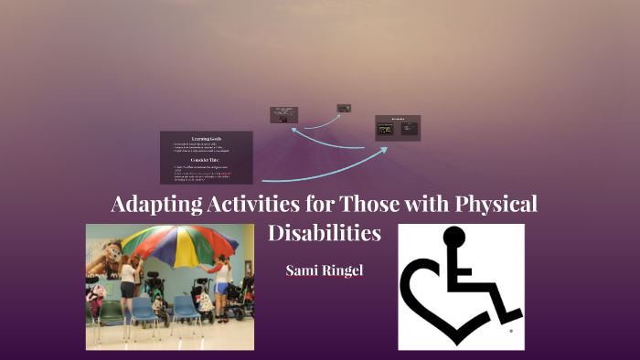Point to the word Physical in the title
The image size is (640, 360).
tap(495, 205)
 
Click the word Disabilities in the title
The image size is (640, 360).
tap(325, 233)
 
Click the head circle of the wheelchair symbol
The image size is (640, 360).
tap(453, 238)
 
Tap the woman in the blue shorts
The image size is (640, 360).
tap(219, 283)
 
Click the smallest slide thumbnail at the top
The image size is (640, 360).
tap(344, 108)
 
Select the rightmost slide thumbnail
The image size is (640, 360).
tap(398, 128)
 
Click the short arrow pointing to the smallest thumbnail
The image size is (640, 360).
tap(315, 120)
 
